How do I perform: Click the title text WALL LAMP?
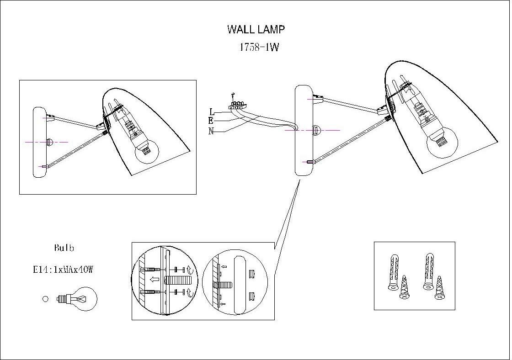coord(256,30)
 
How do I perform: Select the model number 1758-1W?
coord(259,48)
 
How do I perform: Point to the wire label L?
coord(212,111)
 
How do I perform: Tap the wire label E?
coord(211,121)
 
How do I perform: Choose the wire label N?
coord(211,132)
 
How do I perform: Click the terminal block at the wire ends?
coord(237,106)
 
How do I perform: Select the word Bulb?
coord(64,249)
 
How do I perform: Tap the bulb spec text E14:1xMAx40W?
coord(63,270)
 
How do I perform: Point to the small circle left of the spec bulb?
coord(45,299)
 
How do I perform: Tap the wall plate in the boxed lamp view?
coord(39,142)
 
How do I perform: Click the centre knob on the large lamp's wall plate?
coord(317,130)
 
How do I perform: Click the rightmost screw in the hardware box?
coord(440,288)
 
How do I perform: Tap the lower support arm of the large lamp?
coord(347,140)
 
